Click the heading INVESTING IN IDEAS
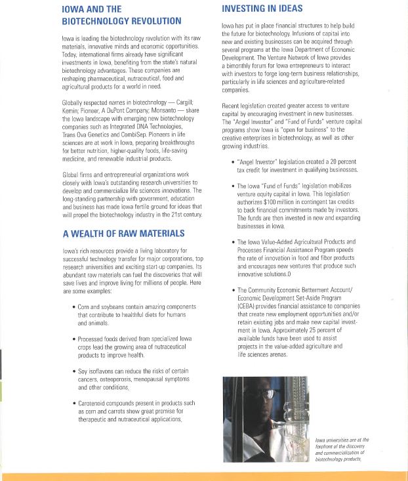(262, 9)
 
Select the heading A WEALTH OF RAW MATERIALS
(123, 233)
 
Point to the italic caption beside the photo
(342, 450)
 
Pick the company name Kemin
(71, 111)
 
